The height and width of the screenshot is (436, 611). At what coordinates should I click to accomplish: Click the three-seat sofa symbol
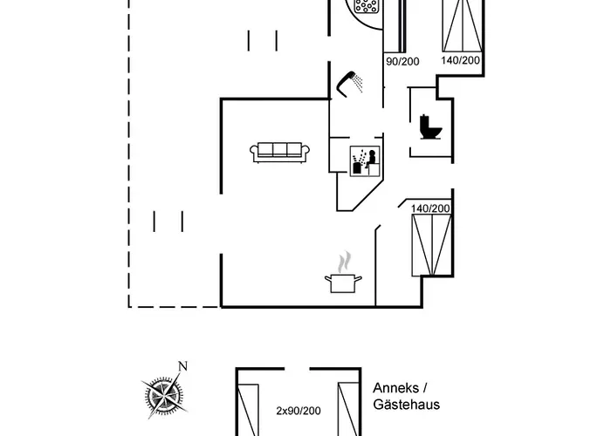[x=279, y=152]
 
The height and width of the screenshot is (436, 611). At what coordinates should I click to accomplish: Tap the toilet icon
[x=430, y=127]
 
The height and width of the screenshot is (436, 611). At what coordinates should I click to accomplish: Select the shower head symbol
[x=349, y=84]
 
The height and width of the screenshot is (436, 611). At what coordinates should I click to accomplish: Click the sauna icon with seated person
[x=365, y=161]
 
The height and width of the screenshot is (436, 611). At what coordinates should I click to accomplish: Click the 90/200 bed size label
[x=402, y=62]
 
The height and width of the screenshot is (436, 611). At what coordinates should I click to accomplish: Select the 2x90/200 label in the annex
[x=299, y=411]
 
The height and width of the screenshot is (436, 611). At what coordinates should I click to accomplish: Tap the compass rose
[x=164, y=395]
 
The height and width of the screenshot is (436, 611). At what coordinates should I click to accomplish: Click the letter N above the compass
[x=182, y=366]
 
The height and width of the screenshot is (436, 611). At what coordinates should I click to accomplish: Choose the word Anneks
[x=396, y=388]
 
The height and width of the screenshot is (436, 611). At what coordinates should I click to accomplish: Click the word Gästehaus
[x=406, y=405]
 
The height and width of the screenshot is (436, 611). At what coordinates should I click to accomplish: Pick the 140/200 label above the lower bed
[x=430, y=208]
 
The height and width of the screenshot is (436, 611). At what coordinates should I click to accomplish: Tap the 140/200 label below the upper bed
[x=460, y=60]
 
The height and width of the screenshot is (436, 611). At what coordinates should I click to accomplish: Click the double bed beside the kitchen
[x=432, y=245]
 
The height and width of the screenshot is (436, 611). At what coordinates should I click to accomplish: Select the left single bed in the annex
[x=248, y=410]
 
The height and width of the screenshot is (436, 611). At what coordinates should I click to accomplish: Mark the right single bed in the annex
[x=348, y=409]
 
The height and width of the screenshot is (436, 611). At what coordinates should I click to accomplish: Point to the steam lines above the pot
[x=344, y=262]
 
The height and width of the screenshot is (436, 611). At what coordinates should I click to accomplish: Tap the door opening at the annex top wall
[x=297, y=368]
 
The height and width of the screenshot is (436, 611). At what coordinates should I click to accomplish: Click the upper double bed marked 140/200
[x=463, y=25]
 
